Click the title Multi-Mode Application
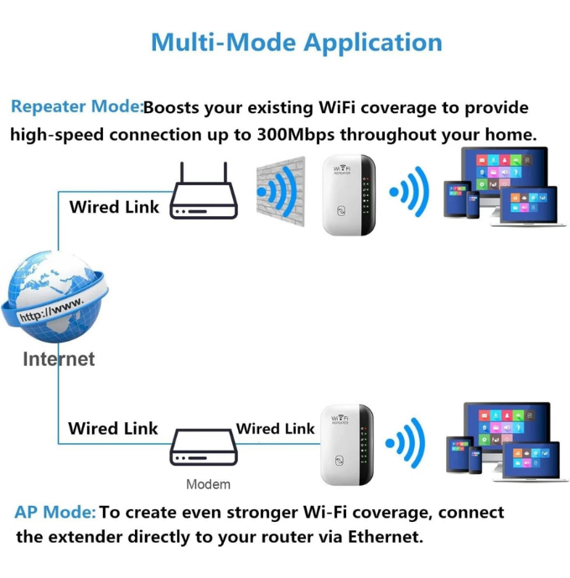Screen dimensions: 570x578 point(297,43)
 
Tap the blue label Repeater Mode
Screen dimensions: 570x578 point(76,107)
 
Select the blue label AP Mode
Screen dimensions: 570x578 point(55,512)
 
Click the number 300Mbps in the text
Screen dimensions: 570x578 point(296,135)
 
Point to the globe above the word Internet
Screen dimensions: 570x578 point(54,296)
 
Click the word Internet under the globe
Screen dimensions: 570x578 point(59,359)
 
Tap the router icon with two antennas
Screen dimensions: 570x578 point(204,191)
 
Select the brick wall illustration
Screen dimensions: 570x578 point(281,191)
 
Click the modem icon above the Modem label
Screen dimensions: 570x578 point(204,447)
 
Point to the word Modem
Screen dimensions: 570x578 point(208,484)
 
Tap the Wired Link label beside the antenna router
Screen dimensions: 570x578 point(114,207)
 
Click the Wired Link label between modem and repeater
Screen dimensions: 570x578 point(275,428)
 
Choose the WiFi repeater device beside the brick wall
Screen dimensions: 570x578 point(349,195)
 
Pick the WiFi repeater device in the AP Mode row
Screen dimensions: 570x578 point(347,445)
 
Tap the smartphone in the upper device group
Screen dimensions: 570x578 point(473,205)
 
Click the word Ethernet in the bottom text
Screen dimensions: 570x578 point(386,537)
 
